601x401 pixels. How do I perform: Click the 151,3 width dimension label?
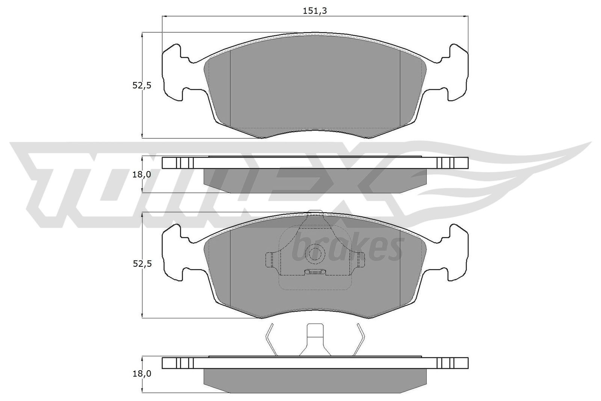(315, 11)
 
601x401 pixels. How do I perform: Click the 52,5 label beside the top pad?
(142, 86)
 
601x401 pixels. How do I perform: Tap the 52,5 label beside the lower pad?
(142, 264)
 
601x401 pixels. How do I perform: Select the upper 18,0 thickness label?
(142, 174)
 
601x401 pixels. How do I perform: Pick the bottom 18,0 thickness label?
(142, 374)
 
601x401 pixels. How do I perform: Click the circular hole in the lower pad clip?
(314, 254)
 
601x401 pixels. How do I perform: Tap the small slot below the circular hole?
(315, 272)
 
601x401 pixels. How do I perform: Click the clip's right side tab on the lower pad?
(361, 259)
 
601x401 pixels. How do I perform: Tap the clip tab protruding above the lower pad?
(315, 213)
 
